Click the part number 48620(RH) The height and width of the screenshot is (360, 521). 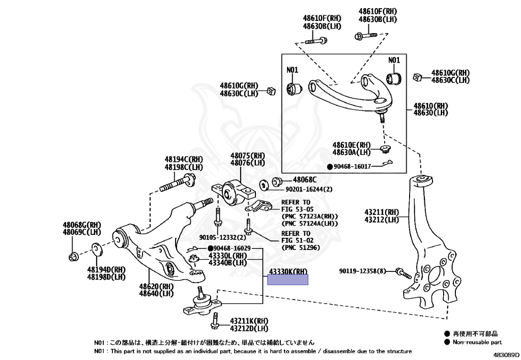coord(156,287)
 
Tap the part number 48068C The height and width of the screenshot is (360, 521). coord(305,180)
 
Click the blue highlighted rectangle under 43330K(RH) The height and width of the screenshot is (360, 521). coord(288,280)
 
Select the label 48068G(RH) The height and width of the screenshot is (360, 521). coord(82,225)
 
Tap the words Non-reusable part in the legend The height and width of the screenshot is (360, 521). coord(477,342)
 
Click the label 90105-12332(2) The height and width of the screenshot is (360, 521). coord(222,237)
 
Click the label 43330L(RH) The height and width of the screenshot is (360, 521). coord(227,256)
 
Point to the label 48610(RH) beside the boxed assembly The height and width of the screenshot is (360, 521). coord(430,105)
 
